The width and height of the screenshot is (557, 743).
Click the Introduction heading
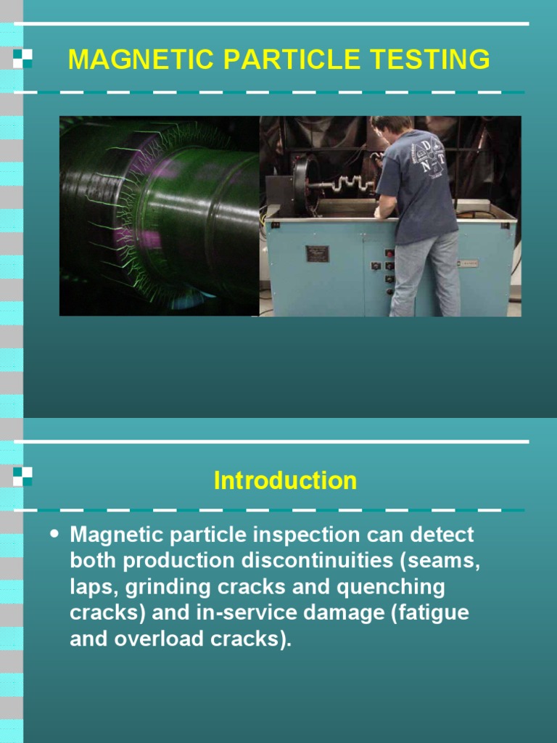click(x=285, y=480)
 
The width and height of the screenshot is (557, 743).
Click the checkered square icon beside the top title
click(x=22, y=59)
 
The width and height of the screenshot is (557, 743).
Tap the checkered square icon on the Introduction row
click(x=22, y=477)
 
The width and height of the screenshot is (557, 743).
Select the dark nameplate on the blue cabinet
click(x=317, y=253)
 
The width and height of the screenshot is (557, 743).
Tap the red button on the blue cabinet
click(x=389, y=253)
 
